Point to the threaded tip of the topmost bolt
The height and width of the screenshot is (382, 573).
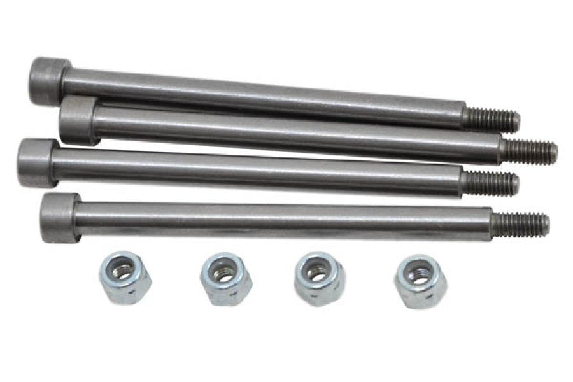pyautogui.click(x=500, y=120)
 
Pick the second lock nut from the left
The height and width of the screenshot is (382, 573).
pyautogui.click(x=225, y=278)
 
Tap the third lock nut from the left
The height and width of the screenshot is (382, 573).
pyautogui.click(x=319, y=278)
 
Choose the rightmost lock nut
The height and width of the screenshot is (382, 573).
pyautogui.click(x=420, y=281)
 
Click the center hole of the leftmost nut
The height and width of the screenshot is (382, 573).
pyautogui.click(x=124, y=271)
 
